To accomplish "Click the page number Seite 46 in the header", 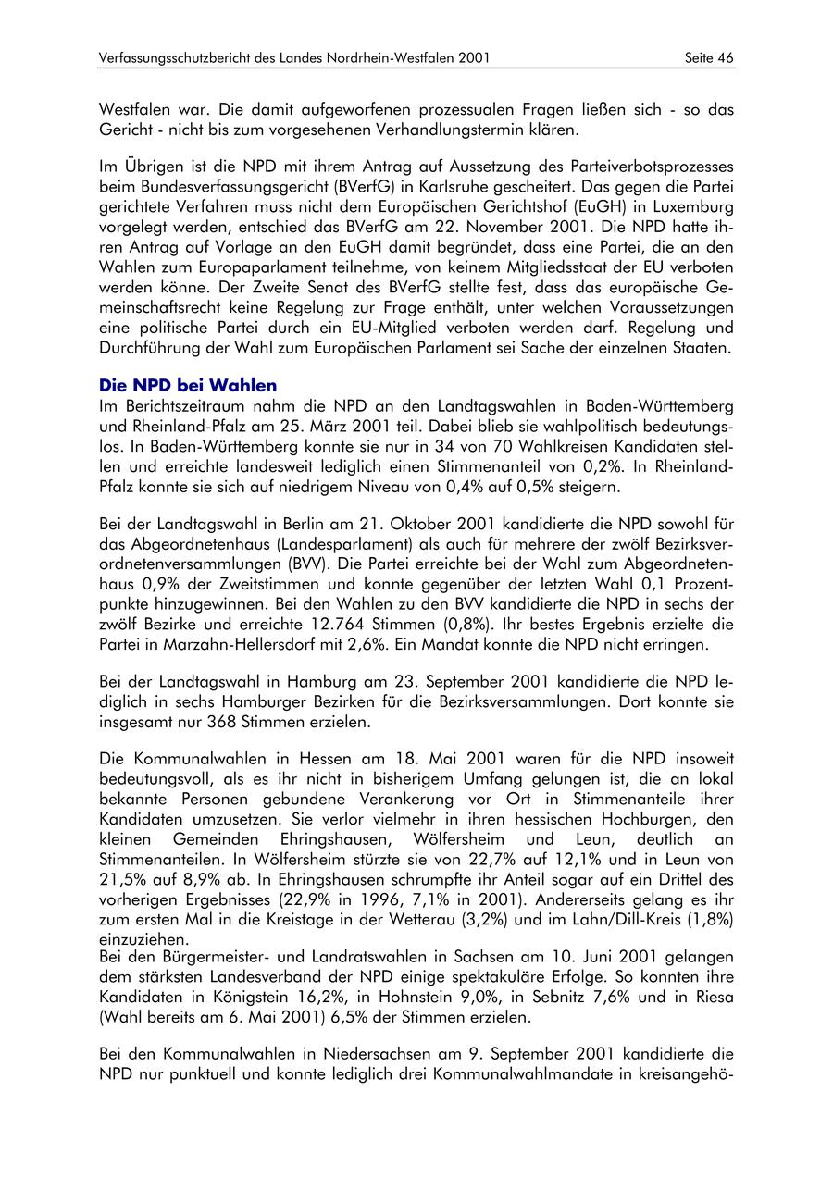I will pos(709,58).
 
